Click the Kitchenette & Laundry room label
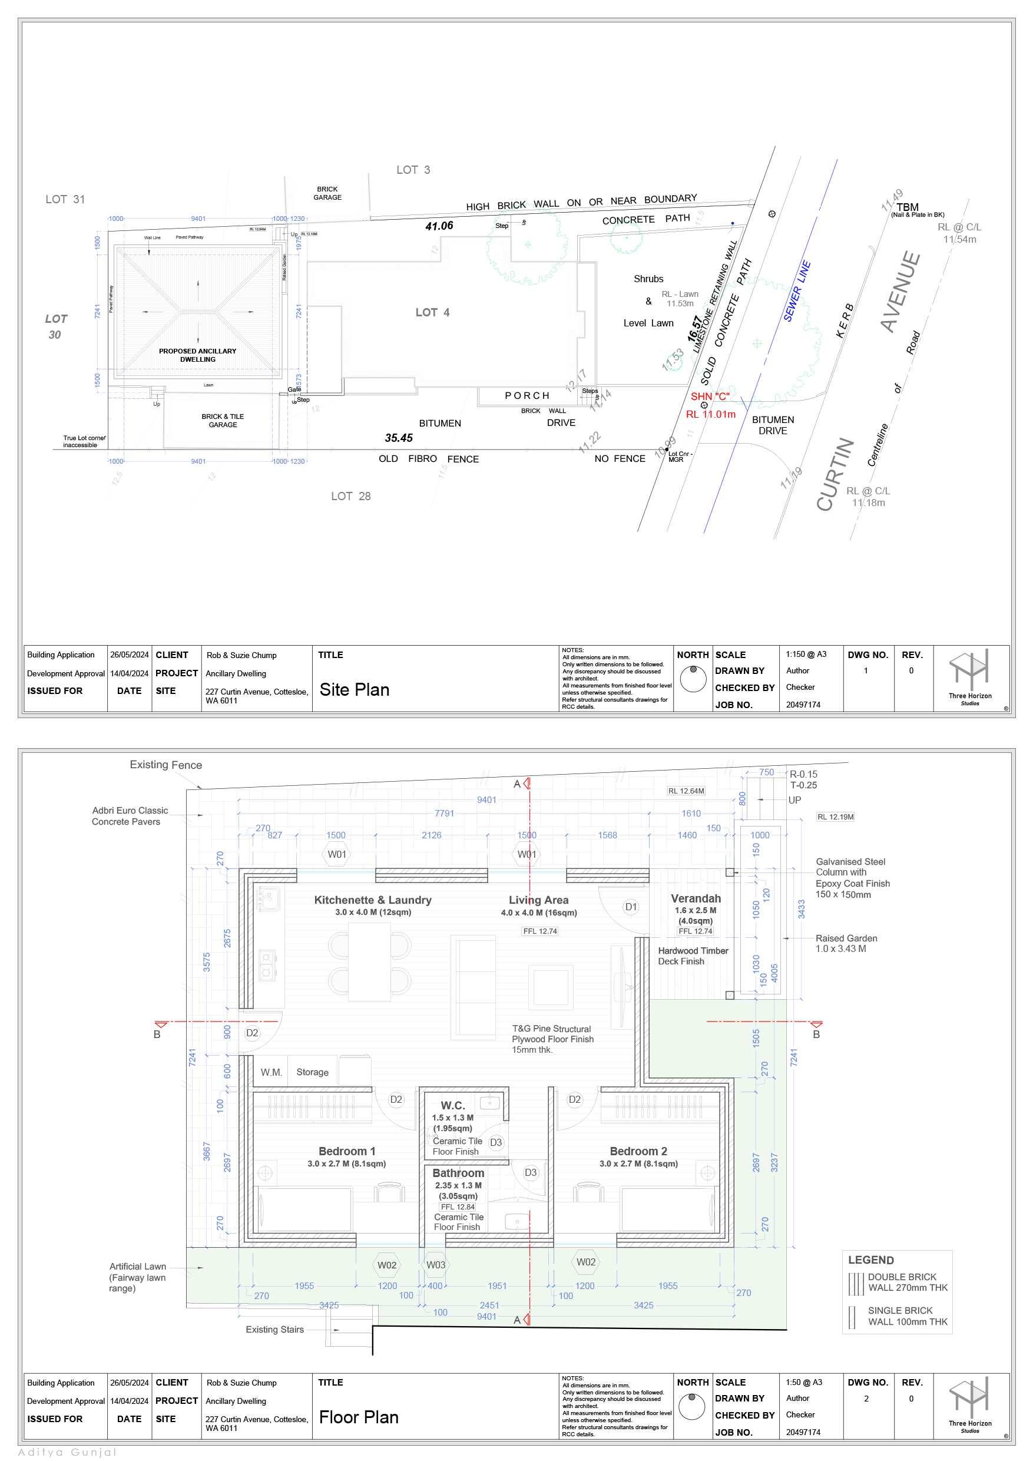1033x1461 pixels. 373,900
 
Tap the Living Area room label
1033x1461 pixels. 538,900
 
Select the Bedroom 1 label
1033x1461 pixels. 347,1151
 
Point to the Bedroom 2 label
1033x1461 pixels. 638,1151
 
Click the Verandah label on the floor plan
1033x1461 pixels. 696,898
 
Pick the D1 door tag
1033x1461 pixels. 630,907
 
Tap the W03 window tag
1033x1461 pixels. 436,1265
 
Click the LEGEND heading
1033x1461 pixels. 871,1260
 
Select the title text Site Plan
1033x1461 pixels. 355,690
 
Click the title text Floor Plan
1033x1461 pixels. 359,1418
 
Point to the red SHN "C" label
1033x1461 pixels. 710,396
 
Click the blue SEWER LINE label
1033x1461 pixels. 796,291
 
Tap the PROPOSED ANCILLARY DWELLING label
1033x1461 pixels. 198,355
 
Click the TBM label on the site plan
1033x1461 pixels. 907,207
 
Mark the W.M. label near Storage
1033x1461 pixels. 271,1072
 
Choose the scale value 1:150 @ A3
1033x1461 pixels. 806,654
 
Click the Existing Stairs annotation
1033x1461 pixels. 275,1329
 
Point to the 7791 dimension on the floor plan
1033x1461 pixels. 444,813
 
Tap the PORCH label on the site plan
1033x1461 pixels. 527,396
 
